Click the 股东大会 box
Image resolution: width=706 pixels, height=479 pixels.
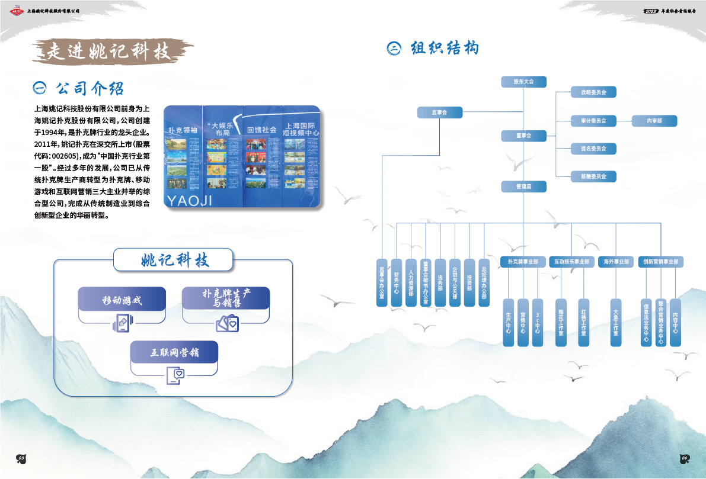(x=523, y=81)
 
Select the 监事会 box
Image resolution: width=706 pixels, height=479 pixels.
(x=439, y=112)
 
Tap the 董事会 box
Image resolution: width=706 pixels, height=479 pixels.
(x=523, y=136)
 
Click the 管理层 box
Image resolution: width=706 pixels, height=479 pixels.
(x=523, y=186)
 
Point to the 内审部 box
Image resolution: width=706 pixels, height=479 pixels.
(x=654, y=121)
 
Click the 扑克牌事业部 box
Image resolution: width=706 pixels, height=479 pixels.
(x=523, y=262)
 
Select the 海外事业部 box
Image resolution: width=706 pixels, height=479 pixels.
(x=616, y=262)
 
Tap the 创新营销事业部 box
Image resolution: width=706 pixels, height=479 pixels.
(x=661, y=262)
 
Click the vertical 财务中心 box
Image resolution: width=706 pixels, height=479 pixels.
(x=396, y=282)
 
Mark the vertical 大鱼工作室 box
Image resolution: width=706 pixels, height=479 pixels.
(x=616, y=322)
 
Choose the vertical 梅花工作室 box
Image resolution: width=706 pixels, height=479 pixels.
(x=561, y=322)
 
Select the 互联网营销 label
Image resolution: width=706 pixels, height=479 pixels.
(x=174, y=353)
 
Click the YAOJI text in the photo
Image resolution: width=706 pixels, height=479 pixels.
(x=189, y=200)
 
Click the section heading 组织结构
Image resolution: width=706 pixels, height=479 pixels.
(x=444, y=48)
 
